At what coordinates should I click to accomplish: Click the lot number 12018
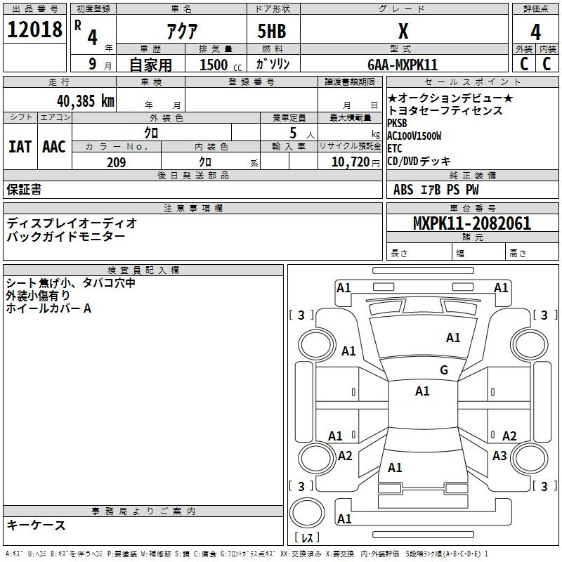(34, 29)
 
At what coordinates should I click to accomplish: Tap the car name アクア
(182, 31)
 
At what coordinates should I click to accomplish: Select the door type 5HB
(272, 31)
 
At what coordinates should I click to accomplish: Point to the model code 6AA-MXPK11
(403, 65)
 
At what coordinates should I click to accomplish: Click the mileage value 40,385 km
(85, 101)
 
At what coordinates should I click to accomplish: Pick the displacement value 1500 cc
(220, 65)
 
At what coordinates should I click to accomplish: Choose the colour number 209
(116, 162)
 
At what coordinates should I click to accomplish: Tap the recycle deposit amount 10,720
(351, 162)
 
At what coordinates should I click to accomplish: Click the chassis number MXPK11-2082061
(472, 223)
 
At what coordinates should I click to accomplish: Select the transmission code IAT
(20, 147)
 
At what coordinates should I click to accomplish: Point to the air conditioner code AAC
(54, 147)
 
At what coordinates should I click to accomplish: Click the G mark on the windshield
(444, 370)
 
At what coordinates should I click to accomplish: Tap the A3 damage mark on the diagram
(499, 455)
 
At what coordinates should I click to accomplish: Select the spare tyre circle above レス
(307, 513)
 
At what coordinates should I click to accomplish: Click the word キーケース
(36, 525)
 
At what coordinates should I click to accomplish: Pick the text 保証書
(24, 189)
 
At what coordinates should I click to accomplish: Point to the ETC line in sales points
(395, 148)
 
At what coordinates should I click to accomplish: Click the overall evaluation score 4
(535, 32)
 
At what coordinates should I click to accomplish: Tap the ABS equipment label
(403, 190)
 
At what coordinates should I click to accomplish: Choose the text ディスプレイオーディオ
(72, 223)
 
